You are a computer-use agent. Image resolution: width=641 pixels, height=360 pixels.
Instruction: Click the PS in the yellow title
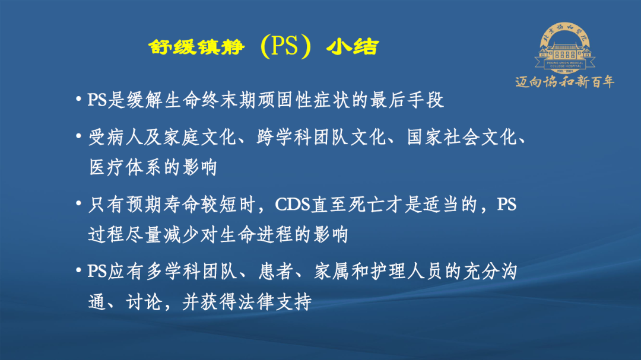pos(284,46)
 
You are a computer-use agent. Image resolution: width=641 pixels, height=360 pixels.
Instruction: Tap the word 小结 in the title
pos(353,47)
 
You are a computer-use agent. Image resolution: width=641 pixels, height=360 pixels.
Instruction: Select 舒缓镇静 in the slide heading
pos(196,47)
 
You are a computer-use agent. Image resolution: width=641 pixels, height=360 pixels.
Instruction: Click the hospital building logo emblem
pos(564,48)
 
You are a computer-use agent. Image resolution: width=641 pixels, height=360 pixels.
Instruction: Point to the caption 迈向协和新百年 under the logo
pos(564,82)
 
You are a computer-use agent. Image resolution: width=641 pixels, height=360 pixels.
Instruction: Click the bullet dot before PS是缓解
pos(78,99)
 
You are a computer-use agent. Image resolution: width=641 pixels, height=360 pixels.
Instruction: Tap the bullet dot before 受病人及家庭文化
pos(78,136)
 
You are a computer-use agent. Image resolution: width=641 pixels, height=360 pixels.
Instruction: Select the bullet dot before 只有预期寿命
pos(78,203)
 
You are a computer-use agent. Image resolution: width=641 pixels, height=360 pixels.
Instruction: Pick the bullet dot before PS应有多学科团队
pos(78,270)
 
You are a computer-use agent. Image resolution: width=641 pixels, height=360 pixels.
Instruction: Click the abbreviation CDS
pos(293,205)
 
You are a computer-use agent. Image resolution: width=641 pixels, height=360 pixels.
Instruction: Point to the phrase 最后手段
pos(407,100)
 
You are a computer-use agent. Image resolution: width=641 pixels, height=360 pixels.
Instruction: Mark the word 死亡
pos(367,205)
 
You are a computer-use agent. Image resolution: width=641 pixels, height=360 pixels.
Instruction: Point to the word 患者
pos(276,272)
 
